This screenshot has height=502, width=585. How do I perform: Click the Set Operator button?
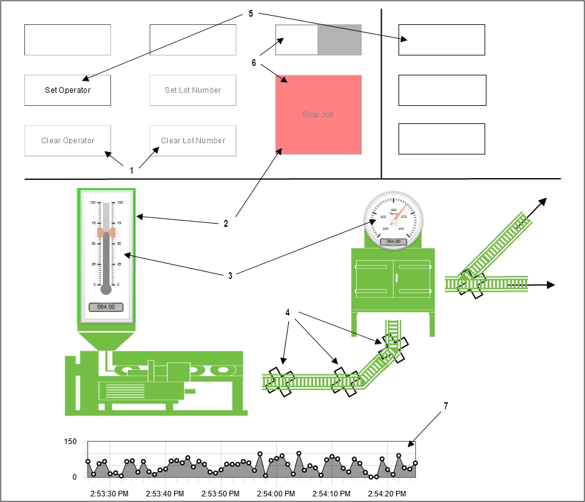(x=67, y=90)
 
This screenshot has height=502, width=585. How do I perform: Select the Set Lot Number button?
(x=193, y=90)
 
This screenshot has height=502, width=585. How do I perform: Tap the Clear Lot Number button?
(x=193, y=141)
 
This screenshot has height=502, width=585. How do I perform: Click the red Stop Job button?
(x=319, y=115)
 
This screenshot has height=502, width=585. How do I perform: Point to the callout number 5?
(x=251, y=13)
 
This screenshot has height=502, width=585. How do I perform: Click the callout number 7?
(x=446, y=405)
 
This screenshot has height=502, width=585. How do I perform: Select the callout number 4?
(x=288, y=313)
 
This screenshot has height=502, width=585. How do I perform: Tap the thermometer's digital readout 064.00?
(x=106, y=307)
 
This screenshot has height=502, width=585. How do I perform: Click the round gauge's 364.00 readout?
(x=394, y=241)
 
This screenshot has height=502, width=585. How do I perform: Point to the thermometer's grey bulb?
(x=106, y=289)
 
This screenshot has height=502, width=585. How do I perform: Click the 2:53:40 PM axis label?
(x=165, y=494)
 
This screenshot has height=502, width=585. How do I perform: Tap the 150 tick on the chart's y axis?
(x=70, y=442)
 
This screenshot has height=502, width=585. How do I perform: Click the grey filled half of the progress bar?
(x=339, y=40)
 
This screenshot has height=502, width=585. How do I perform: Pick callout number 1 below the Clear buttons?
(x=132, y=170)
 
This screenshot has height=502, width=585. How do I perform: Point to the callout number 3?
(x=230, y=275)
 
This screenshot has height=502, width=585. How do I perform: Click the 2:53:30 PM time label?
(x=110, y=494)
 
